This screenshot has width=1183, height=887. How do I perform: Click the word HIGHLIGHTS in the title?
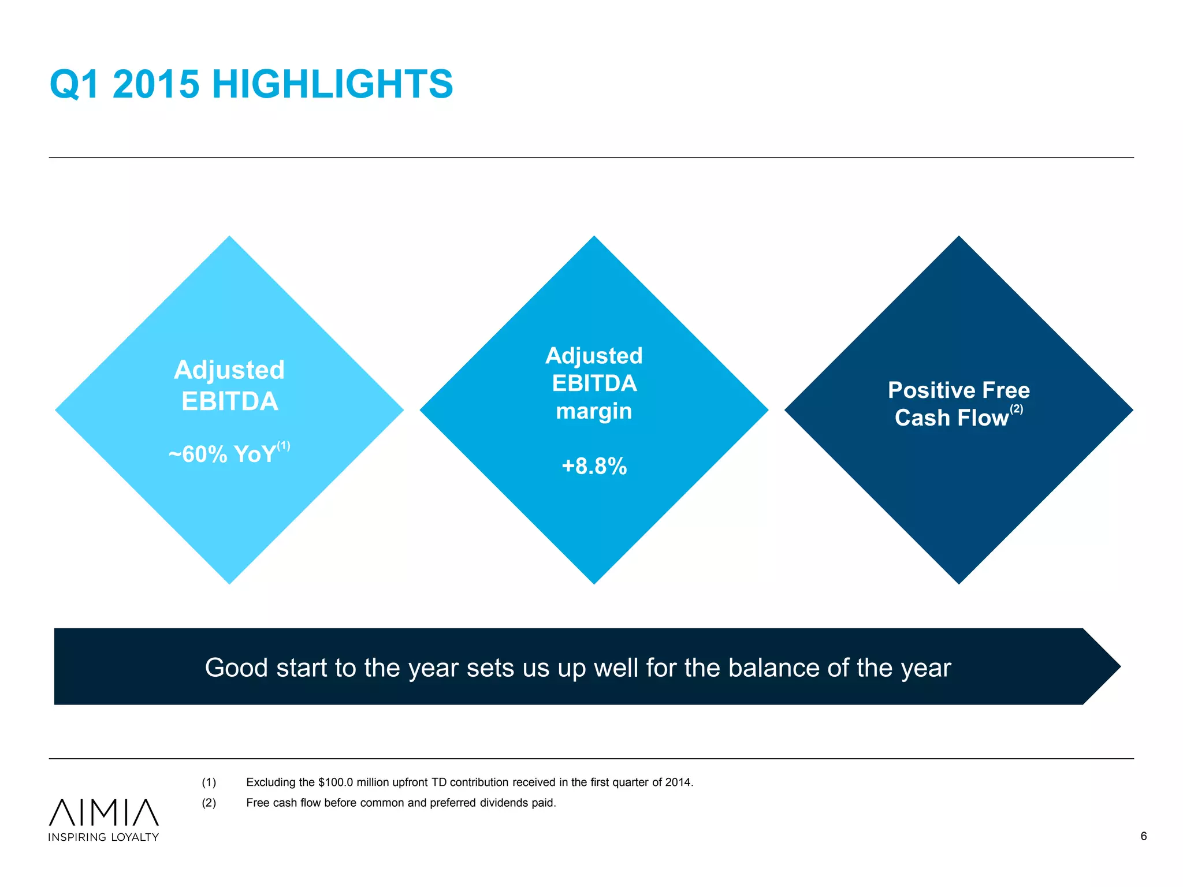(332, 84)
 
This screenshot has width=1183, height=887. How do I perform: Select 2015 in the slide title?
(156, 84)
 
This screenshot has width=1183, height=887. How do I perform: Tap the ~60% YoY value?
(222, 454)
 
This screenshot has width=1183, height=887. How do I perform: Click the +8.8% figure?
(594, 466)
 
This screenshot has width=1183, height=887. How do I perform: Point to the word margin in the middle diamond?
(594, 412)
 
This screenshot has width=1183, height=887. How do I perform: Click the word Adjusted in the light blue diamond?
(229, 370)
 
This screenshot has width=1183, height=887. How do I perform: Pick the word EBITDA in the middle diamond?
(594, 383)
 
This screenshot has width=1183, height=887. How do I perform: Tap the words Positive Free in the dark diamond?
(958, 390)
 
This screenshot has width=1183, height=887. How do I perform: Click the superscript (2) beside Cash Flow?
(1016, 409)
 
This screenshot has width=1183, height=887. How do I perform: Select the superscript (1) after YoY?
(283, 446)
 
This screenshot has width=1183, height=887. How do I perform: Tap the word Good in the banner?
(236, 668)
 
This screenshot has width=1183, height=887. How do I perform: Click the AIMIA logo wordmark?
(104, 812)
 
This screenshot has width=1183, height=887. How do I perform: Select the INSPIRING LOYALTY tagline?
(103, 837)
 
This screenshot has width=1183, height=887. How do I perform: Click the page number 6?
(1143, 836)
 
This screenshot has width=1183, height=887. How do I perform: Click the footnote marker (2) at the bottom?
(209, 803)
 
